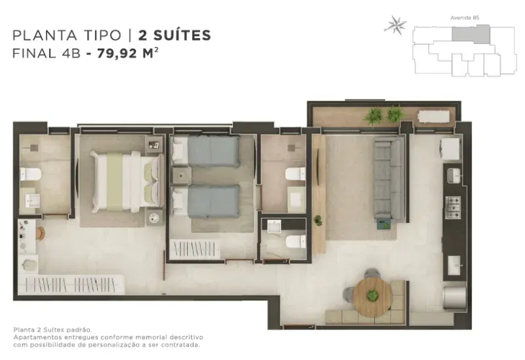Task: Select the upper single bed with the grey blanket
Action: [x=205, y=151]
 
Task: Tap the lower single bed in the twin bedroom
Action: [x=205, y=202]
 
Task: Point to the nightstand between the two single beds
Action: [x=181, y=176]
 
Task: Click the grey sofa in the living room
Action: [x=389, y=180]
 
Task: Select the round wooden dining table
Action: [x=372, y=297]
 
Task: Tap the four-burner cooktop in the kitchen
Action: [x=453, y=207]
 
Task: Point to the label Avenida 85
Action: [x=465, y=18]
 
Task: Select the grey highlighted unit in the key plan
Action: [x=471, y=35]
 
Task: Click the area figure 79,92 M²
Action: [x=127, y=54]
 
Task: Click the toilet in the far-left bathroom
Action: [x=30, y=174]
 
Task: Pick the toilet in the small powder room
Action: [x=296, y=241]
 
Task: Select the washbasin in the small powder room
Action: [x=274, y=226]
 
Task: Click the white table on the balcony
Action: [x=433, y=117]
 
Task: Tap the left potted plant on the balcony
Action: [x=373, y=116]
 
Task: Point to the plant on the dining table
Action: [x=372, y=296]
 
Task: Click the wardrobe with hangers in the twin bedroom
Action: [x=195, y=249]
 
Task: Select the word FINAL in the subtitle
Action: [x=34, y=54]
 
